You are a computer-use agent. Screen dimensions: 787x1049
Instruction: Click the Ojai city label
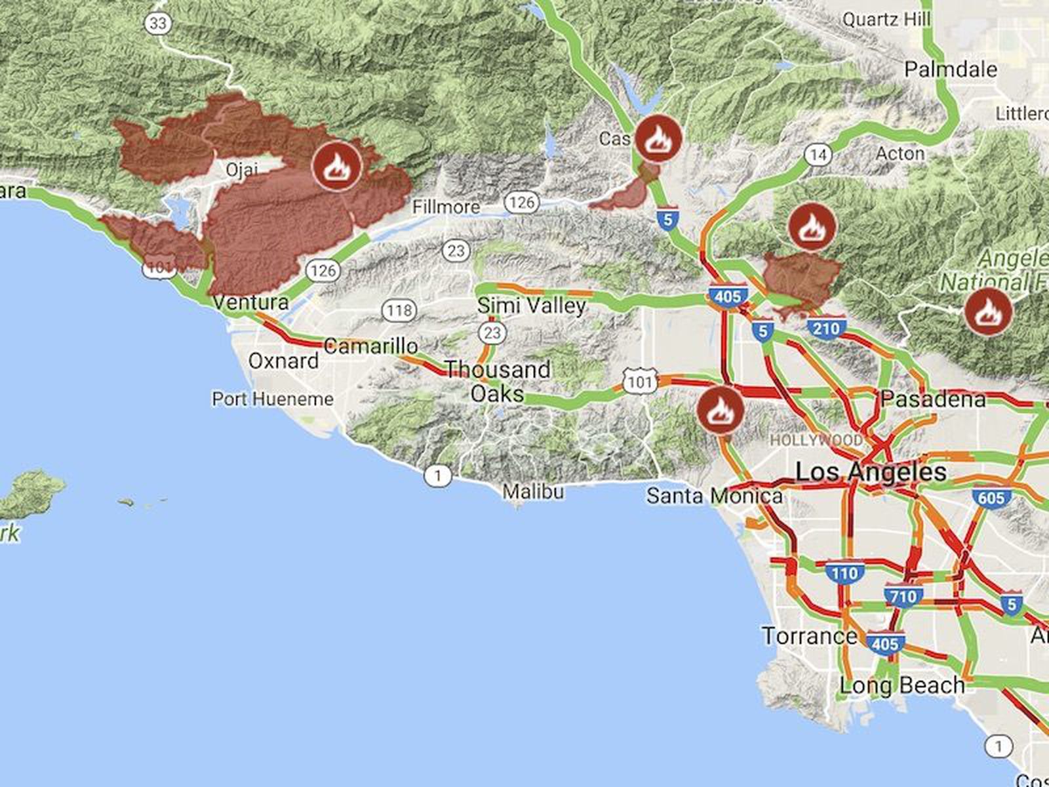(241, 170)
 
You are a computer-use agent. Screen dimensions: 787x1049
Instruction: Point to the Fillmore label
(446, 207)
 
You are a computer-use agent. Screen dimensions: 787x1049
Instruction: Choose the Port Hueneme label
(273, 399)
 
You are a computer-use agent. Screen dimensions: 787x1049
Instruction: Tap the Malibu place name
(533, 491)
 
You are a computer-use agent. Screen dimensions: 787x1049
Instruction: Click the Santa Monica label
(714, 496)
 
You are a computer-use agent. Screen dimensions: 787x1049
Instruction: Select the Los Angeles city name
(871, 472)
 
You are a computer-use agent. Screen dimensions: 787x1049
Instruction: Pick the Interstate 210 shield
(825, 328)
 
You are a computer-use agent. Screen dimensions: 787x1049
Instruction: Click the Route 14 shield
(818, 155)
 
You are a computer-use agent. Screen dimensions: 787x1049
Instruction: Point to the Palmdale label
(951, 70)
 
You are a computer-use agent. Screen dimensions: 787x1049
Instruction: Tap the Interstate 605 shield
(991, 498)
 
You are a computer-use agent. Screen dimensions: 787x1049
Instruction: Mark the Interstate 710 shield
(903, 596)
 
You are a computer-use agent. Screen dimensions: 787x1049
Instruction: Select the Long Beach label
(902, 686)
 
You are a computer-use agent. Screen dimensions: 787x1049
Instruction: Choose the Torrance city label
(809, 636)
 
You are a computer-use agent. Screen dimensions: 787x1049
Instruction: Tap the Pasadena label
(933, 399)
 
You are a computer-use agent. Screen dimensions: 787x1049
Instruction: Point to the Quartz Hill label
(886, 20)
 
